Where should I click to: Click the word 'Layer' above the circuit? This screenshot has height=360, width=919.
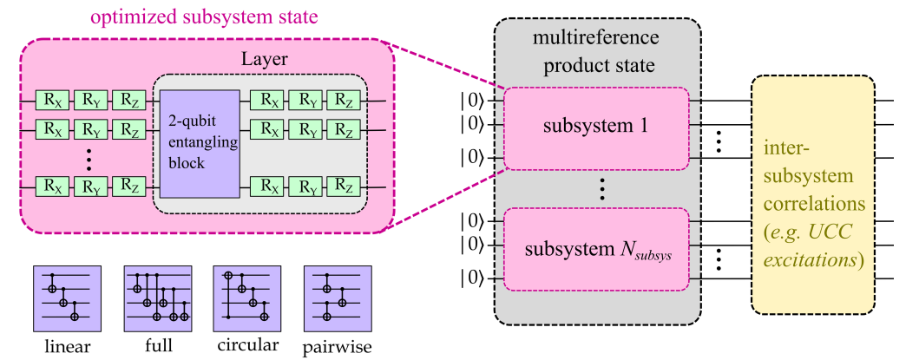click(262, 62)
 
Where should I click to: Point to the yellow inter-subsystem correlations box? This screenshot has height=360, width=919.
click(812, 194)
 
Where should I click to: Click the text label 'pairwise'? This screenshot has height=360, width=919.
click(338, 347)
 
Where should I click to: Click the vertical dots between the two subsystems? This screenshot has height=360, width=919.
click(597, 189)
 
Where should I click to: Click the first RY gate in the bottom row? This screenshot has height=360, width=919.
click(90, 187)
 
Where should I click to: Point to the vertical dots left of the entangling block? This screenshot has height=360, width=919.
click(90, 158)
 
